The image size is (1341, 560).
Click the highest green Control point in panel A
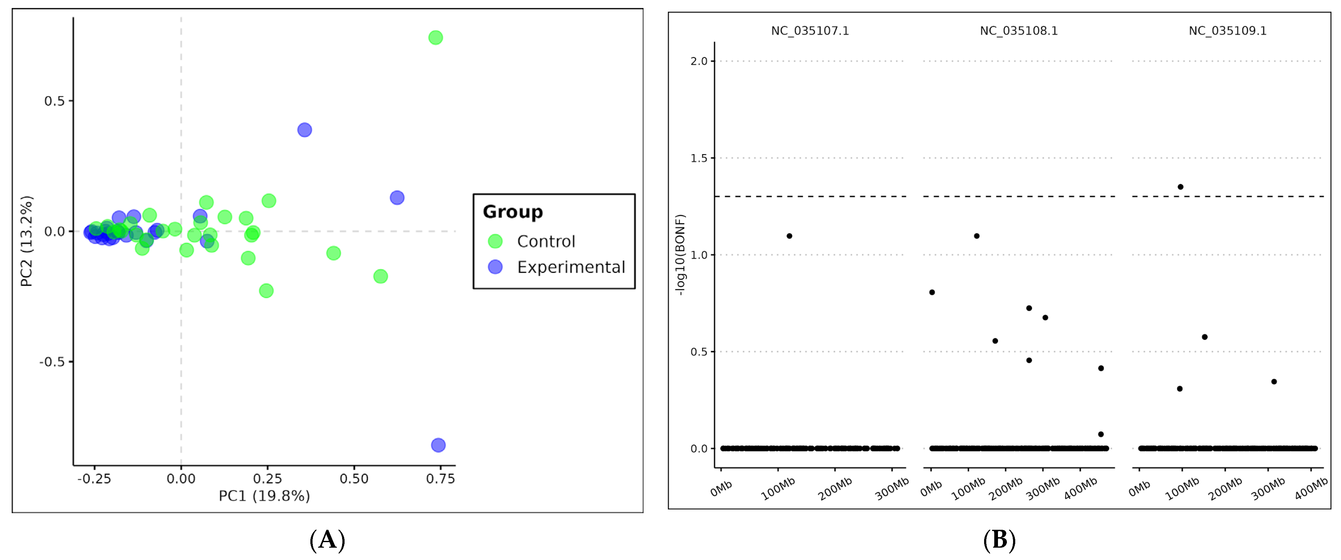point(435,38)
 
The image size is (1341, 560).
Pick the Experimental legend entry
point(570,267)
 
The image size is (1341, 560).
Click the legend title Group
point(513,212)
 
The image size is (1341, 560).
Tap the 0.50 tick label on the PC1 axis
point(354,479)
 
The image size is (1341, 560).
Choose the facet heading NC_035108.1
point(1018,31)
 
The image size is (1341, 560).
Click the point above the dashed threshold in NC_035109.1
point(1180,187)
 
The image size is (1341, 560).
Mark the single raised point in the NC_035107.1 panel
point(789,236)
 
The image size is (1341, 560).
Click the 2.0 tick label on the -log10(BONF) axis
point(699,61)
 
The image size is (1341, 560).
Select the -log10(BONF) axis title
point(681,255)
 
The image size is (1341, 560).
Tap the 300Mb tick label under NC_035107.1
point(891,489)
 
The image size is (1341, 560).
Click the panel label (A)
point(327,540)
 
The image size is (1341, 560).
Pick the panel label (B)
point(999,540)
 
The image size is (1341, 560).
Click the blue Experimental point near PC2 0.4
point(305,130)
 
